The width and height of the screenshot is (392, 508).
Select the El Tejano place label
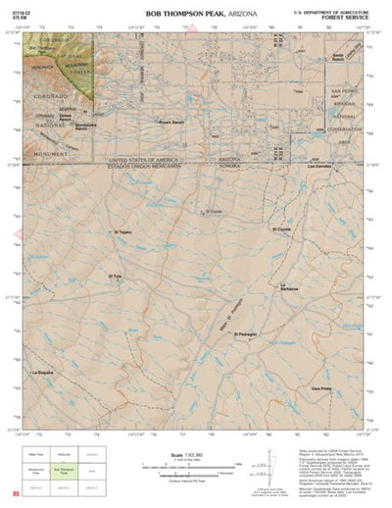click(122, 232)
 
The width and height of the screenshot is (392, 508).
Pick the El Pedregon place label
click(246, 334)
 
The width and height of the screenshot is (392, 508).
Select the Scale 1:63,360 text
click(185, 455)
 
